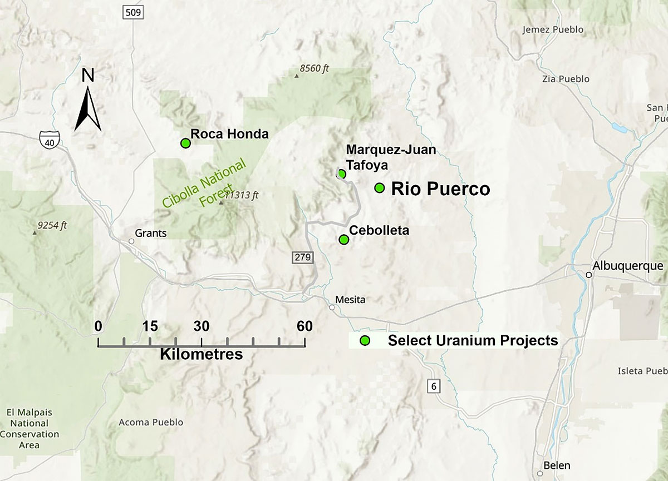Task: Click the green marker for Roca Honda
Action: tap(186, 143)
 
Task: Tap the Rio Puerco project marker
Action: tap(379, 188)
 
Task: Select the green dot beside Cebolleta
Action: tap(343, 240)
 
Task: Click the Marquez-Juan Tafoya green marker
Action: tap(342, 173)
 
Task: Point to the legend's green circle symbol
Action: tap(365, 340)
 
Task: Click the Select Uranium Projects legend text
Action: tap(473, 340)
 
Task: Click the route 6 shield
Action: tap(433, 385)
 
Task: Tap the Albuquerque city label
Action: tap(628, 266)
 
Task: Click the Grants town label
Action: tap(151, 233)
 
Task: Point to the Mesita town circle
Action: tap(332, 307)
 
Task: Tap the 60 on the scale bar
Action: tap(304, 326)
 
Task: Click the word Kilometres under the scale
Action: tap(201, 354)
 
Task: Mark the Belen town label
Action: tap(558, 465)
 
